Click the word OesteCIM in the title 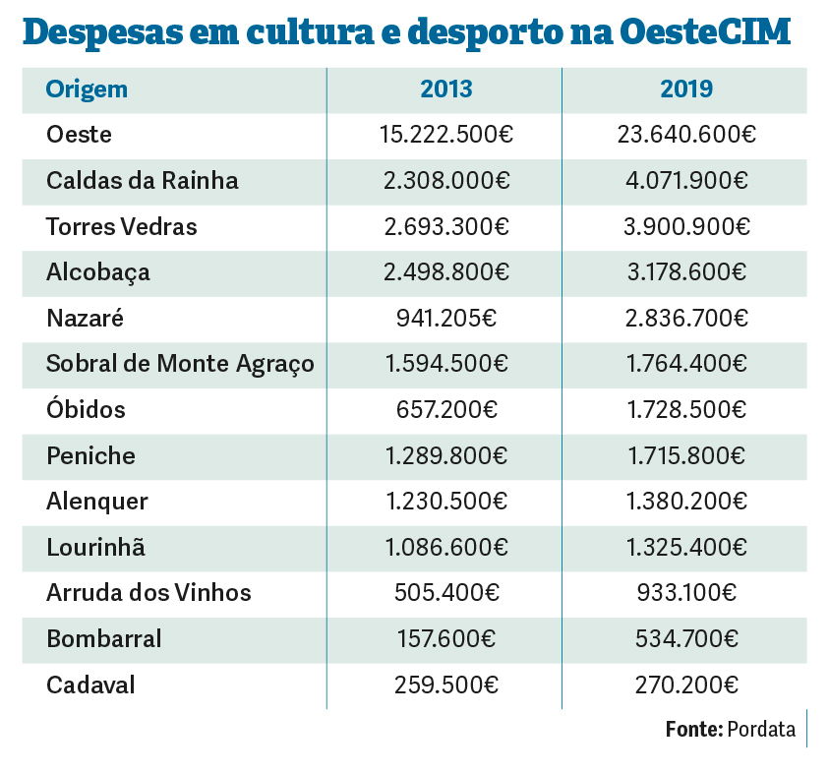[706, 33]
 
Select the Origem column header [87, 89]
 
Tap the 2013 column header [446, 89]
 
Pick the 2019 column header [686, 89]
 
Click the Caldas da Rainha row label [142, 181]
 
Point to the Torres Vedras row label [121, 227]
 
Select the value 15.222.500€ [446, 136]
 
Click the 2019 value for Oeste [686, 136]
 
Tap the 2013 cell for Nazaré [446, 319]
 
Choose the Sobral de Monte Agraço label [180, 364]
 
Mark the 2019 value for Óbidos [686, 410]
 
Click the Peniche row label [90, 455]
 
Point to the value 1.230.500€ [446, 502]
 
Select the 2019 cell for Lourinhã [686, 547]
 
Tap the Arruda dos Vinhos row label [148, 593]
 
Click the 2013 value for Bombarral [446, 638]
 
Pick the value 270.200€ [686, 685]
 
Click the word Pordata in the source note [761, 730]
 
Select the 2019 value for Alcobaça [686, 272]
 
